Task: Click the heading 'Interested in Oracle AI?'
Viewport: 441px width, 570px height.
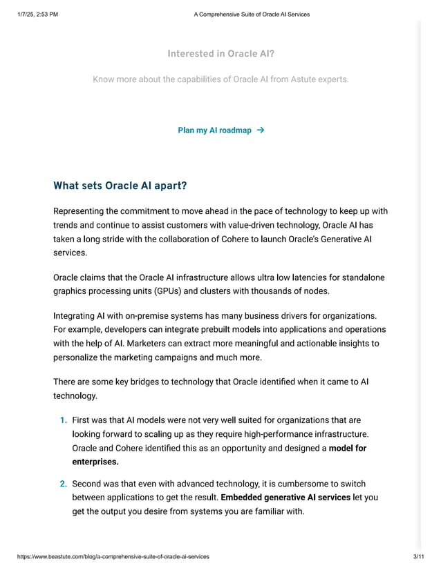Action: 220,54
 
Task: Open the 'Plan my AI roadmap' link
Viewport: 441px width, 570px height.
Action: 214,130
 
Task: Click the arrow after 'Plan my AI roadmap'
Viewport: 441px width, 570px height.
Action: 260,130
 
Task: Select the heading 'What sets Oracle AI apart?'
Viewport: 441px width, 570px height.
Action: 120,186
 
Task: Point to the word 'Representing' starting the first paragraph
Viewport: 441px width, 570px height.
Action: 80,211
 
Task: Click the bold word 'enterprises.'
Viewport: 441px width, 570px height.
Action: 95,462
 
